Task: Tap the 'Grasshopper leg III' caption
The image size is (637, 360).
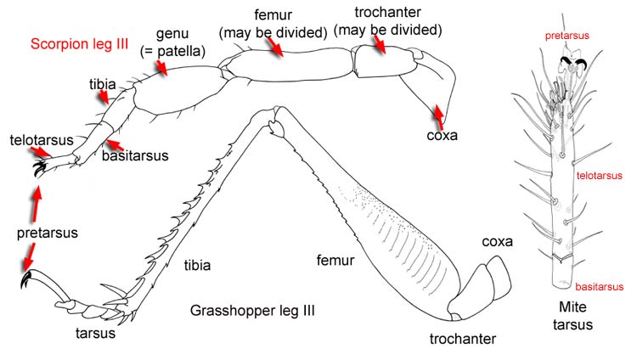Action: click(x=252, y=312)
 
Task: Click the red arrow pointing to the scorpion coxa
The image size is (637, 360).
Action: click(x=439, y=111)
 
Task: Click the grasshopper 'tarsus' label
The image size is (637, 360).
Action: click(x=94, y=332)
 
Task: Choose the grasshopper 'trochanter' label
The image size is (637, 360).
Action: click(x=461, y=340)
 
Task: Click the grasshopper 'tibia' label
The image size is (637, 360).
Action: click(x=197, y=265)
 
